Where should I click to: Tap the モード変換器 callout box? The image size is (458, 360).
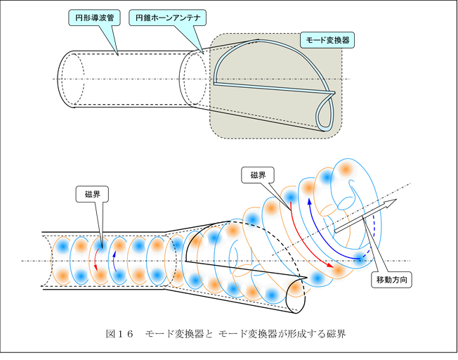click(326, 40)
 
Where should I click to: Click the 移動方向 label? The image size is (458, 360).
click(391, 279)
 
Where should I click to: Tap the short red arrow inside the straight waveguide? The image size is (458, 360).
click(96, 259)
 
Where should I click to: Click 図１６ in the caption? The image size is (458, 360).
click(118, 333)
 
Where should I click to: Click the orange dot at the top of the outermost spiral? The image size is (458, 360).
click(345, 169)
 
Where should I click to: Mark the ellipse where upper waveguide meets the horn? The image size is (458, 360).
click(190, 79)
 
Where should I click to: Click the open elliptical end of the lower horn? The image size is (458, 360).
click(300, 296)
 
